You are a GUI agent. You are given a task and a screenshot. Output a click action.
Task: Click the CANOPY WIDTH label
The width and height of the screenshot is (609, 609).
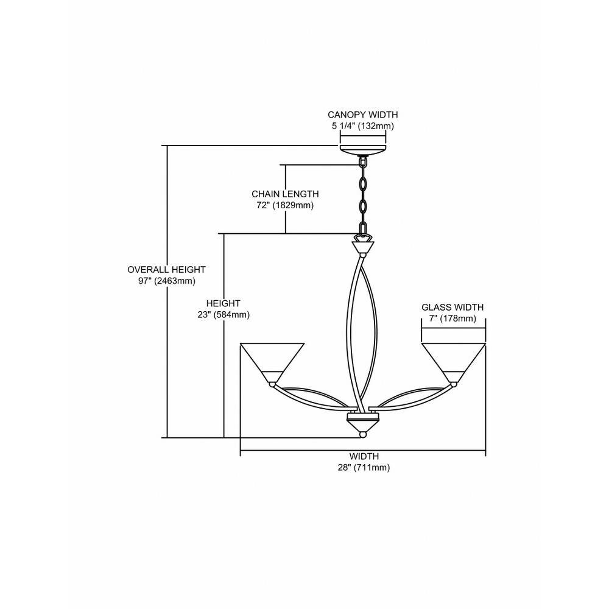[363, 114]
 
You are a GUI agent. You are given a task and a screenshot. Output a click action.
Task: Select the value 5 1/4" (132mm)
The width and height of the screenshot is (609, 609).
[363, 126]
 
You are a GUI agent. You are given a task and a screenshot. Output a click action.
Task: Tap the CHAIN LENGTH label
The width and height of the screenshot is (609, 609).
[285, 194]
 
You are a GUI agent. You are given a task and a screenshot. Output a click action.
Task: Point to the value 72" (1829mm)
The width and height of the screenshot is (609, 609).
[285, 205]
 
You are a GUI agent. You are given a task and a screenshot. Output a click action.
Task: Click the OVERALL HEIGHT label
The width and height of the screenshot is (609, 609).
[167, 269]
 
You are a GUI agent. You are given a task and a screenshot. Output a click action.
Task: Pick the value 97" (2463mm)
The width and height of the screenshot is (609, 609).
[167, 281]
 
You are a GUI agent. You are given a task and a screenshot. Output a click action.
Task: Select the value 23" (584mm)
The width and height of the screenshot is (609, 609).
[224, 315]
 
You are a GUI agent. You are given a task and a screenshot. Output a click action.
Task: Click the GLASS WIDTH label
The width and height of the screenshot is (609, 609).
[452, 307]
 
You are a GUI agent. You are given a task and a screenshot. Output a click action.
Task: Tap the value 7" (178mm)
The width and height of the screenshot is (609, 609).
[452, 319]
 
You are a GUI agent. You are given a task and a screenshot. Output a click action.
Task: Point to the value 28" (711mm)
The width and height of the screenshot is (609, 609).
[364, 468]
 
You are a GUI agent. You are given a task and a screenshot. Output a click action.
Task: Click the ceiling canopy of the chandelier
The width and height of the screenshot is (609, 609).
[363, 150]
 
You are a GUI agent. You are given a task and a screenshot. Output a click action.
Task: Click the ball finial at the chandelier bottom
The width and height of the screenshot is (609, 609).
[363, 435]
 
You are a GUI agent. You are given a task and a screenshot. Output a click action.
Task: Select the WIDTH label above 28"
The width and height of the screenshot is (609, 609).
[364, 456]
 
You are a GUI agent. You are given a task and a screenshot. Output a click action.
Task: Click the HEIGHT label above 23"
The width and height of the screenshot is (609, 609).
[224, 303]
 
